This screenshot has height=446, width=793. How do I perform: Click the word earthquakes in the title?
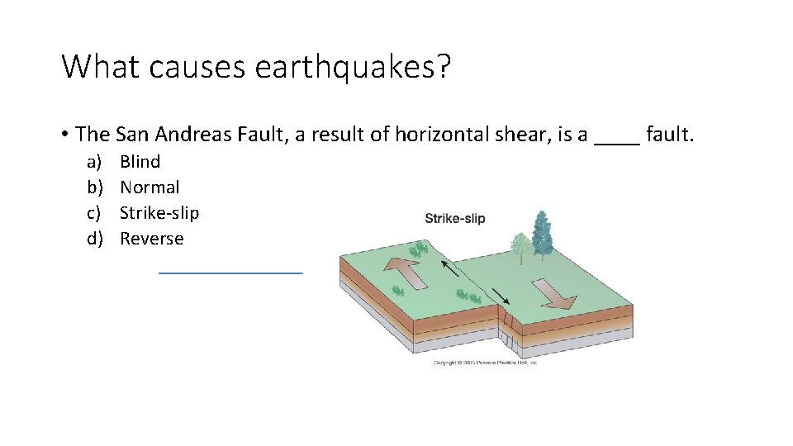(353, 67)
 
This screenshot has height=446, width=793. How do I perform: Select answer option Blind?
(140, 162)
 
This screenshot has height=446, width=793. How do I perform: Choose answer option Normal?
(150, 187)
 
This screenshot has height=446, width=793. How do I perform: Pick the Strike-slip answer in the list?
(159, 213)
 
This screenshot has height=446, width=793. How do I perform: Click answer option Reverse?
(152, 239)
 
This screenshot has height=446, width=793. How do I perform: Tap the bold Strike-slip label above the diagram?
(454, 219)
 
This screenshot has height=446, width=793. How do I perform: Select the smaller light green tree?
(520, 245)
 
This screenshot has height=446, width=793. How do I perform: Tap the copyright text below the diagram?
(486, 363)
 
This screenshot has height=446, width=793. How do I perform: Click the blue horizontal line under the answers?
(230, 271)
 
